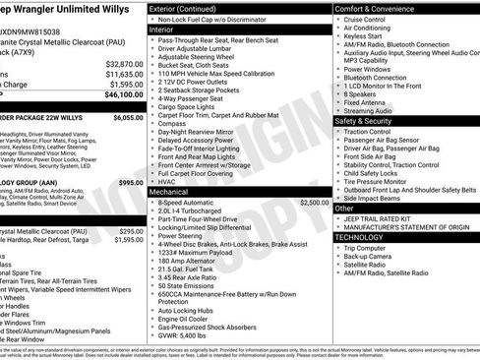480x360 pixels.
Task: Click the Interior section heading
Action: click(x=161, y=30)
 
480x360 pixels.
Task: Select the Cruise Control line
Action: click(x=365, y=19)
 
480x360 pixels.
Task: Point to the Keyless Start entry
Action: click(x=363, y=35)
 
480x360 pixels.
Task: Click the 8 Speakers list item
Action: click(x=359, y=94)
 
